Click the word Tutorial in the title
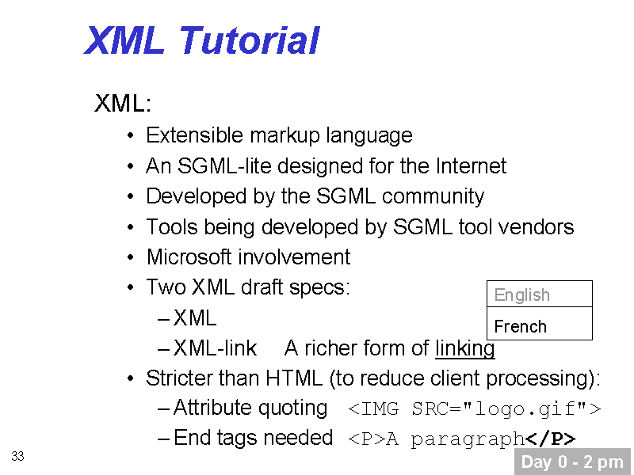(x=249, y=40)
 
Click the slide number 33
(x=17, y=456)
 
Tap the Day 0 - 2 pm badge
(x=572, y=462)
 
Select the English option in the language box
(x=521, y=294)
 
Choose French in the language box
(x=521, y=326)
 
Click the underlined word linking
(x=465, y=348)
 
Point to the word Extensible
(x=194, y=135)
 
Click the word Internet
(x=471, y=165)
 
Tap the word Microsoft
(x=189, y=256)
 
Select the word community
(x=433, y=196)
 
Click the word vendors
(x=537, y=226)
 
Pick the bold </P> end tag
(x=550, y=439)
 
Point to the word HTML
(x=294, y=378)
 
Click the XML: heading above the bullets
(x=123, y=103)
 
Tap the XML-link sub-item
(x=215, y=348)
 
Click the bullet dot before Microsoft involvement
(x=130, y=257)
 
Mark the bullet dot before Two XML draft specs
(x=130, y=287)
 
